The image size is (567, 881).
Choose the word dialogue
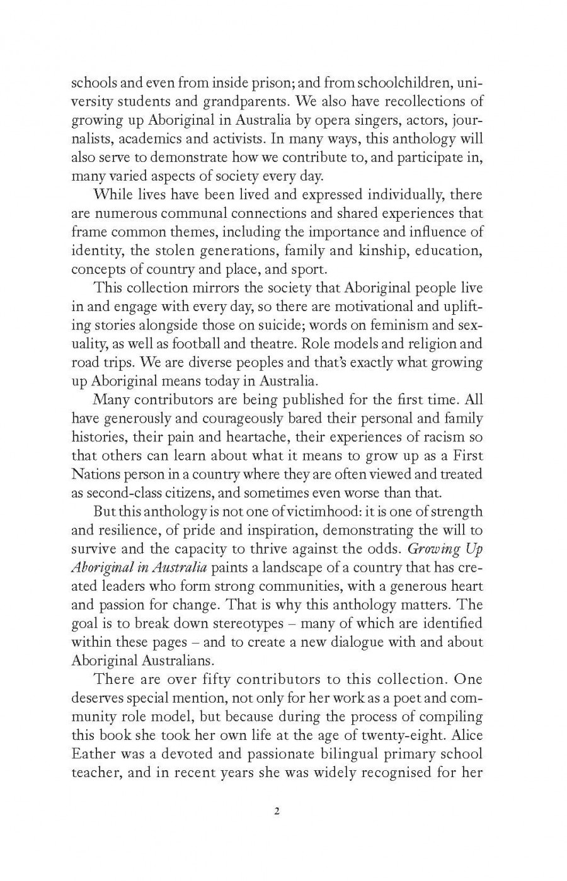355,642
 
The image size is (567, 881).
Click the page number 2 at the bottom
277,810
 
